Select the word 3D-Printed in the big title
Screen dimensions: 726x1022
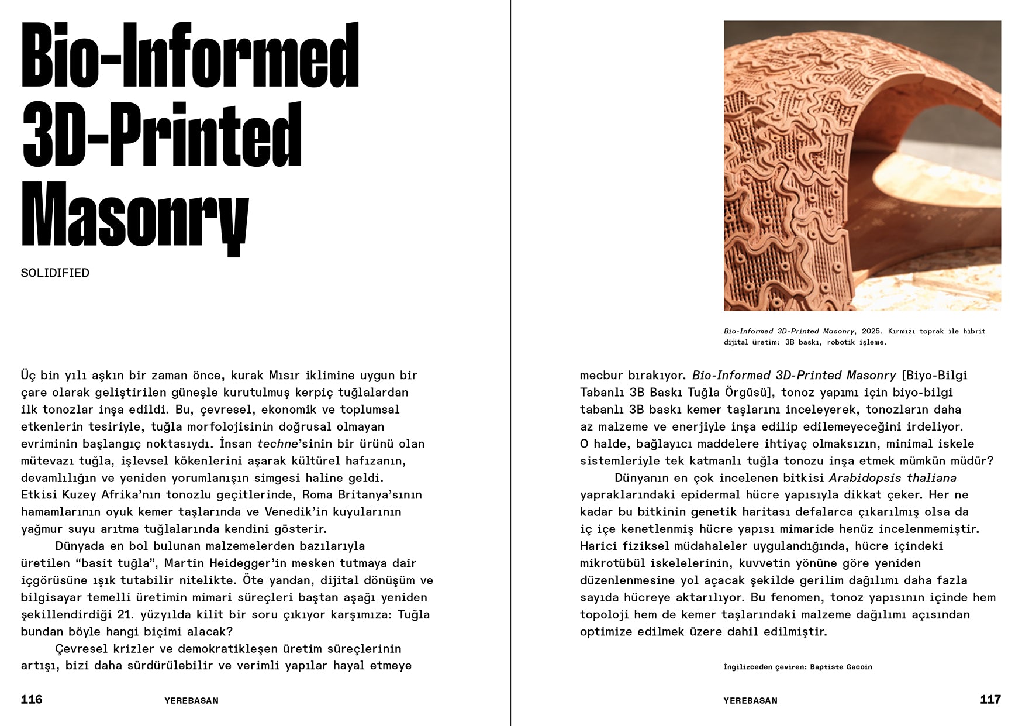[162, 136]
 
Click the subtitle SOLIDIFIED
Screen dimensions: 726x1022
[55, 273]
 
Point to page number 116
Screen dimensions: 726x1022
[32, 700]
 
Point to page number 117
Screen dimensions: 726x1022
[990, 700]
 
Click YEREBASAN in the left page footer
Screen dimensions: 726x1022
[191, 701]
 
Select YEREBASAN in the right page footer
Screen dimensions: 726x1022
[750, 701]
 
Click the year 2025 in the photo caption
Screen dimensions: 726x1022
[872, 331]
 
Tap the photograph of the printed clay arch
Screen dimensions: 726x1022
[862, 166]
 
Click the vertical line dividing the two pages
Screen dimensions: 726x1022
[510, 363]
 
